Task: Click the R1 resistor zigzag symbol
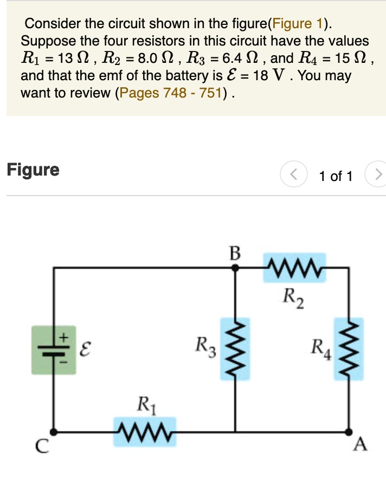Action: click(145, 432)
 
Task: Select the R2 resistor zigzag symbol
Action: click(295, 267)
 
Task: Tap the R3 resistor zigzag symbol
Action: click(235, 348)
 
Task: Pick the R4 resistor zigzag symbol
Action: click(348, 348)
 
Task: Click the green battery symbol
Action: click(54, 349)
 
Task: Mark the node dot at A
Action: click(348, 432)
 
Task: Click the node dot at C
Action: click(54, 432)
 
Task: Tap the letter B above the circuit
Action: click(234, 253)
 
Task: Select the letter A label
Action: click(358, 445)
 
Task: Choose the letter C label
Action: click(41, 446)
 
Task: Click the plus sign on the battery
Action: click(63, 336)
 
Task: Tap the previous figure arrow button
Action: click(293, 176)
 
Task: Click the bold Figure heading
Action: click(33, 170)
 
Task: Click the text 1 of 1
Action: click(336, 176)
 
